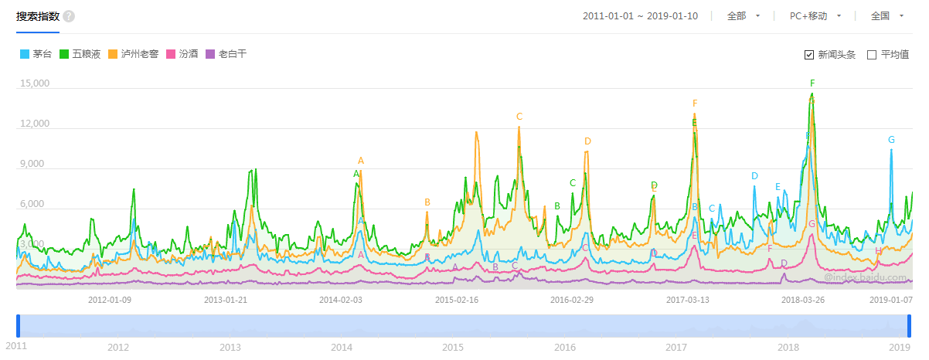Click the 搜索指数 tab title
coord(37,16)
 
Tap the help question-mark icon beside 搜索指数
coord(70,16)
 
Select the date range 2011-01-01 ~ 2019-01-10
coord(640,16)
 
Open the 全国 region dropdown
coord(890,16)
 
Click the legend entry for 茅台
coord(36,54)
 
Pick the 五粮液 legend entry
coord(80,54)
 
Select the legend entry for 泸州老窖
coord(133,54)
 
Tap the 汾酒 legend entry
coord(182,54)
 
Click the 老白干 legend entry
coord(226,54)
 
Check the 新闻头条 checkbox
coord(809,55)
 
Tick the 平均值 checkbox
coord(872,55)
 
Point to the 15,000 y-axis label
coord(34,83)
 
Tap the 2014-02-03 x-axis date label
coord(341,300)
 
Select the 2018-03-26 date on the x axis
coord(803,300)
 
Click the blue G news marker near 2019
coord(891,140)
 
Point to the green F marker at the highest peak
coord(812,83)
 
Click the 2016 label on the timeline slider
coord(565,348)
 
